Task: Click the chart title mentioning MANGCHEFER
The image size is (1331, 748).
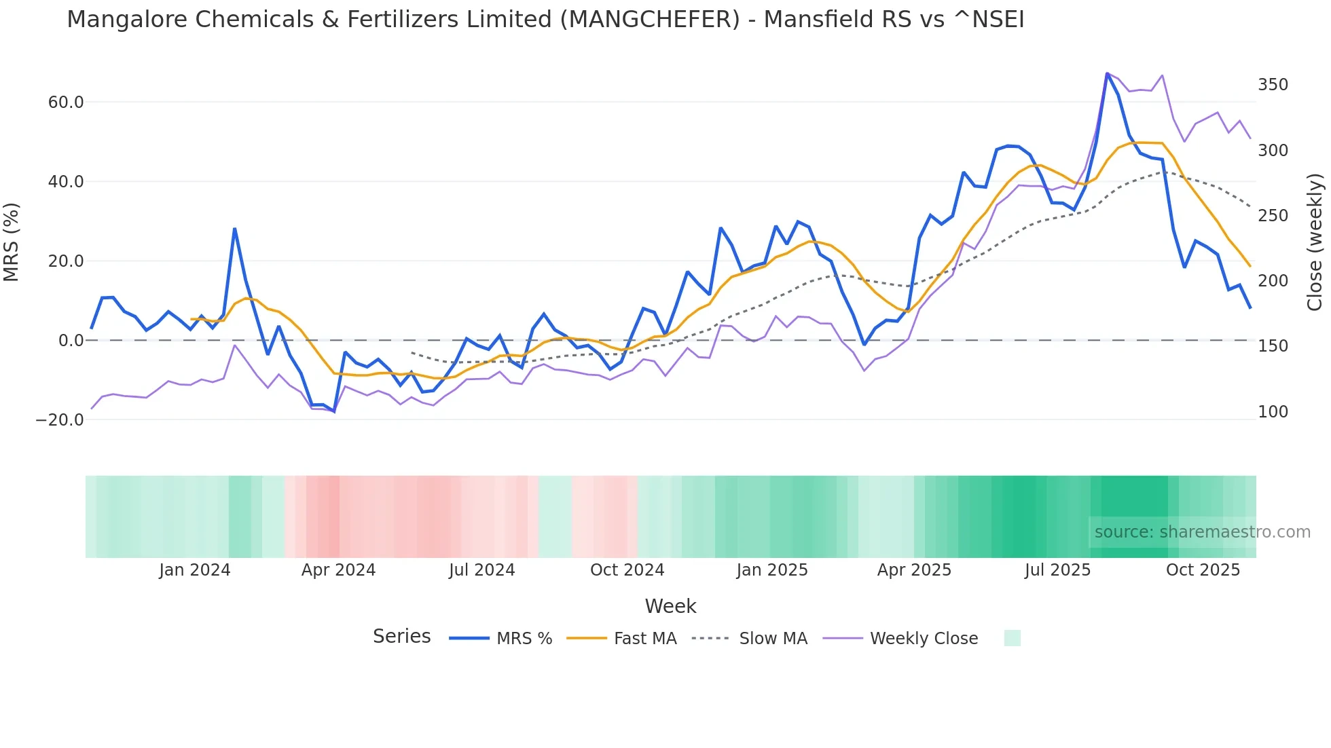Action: [545, 20]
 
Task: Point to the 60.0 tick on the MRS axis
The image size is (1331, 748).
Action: [66, 102]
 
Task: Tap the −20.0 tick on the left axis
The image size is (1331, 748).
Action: [60, 420]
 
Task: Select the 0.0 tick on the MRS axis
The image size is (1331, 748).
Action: [71, 341]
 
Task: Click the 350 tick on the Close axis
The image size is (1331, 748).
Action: [1273, 85]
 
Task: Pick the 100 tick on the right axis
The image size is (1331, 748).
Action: [1273, 412]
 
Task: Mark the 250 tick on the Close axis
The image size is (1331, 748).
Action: [1273, 216]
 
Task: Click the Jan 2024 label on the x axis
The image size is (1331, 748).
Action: [195, 570]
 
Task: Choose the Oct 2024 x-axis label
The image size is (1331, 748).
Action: [627, 570]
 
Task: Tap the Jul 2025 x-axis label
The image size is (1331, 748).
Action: [1057, 570]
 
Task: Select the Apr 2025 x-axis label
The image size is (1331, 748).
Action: [914, 570]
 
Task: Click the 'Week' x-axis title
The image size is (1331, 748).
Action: [670, 606]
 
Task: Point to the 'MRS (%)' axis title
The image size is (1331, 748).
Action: [12, 242]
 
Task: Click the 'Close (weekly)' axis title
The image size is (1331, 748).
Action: [1315, 242]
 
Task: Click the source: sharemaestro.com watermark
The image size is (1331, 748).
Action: [1202, 532]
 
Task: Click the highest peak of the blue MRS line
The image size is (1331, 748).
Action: [1107, 74]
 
